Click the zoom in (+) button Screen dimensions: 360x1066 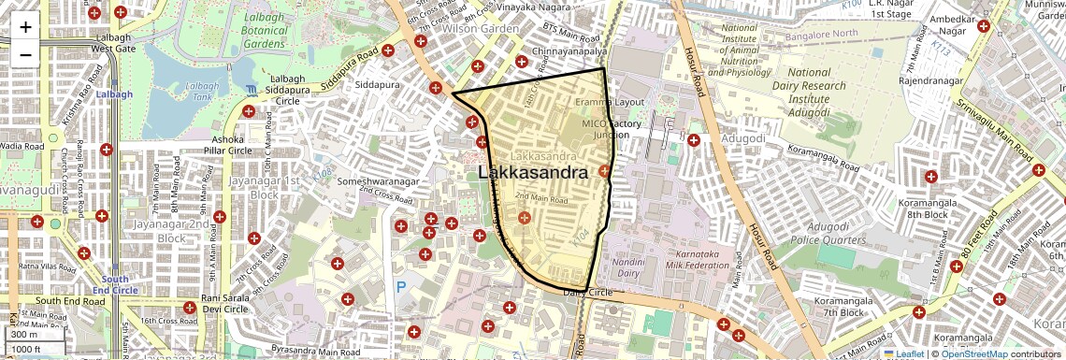(x=25, y=27)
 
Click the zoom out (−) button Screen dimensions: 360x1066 (x=25, y=55)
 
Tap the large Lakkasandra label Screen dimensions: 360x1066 (x=533, y=173)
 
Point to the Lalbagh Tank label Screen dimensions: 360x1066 (x=202, y=92)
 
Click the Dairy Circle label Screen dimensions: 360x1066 (x=587, y=293)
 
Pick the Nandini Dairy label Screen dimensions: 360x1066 (x=629, y=269)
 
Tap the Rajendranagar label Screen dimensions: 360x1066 (x=926, y=80)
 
